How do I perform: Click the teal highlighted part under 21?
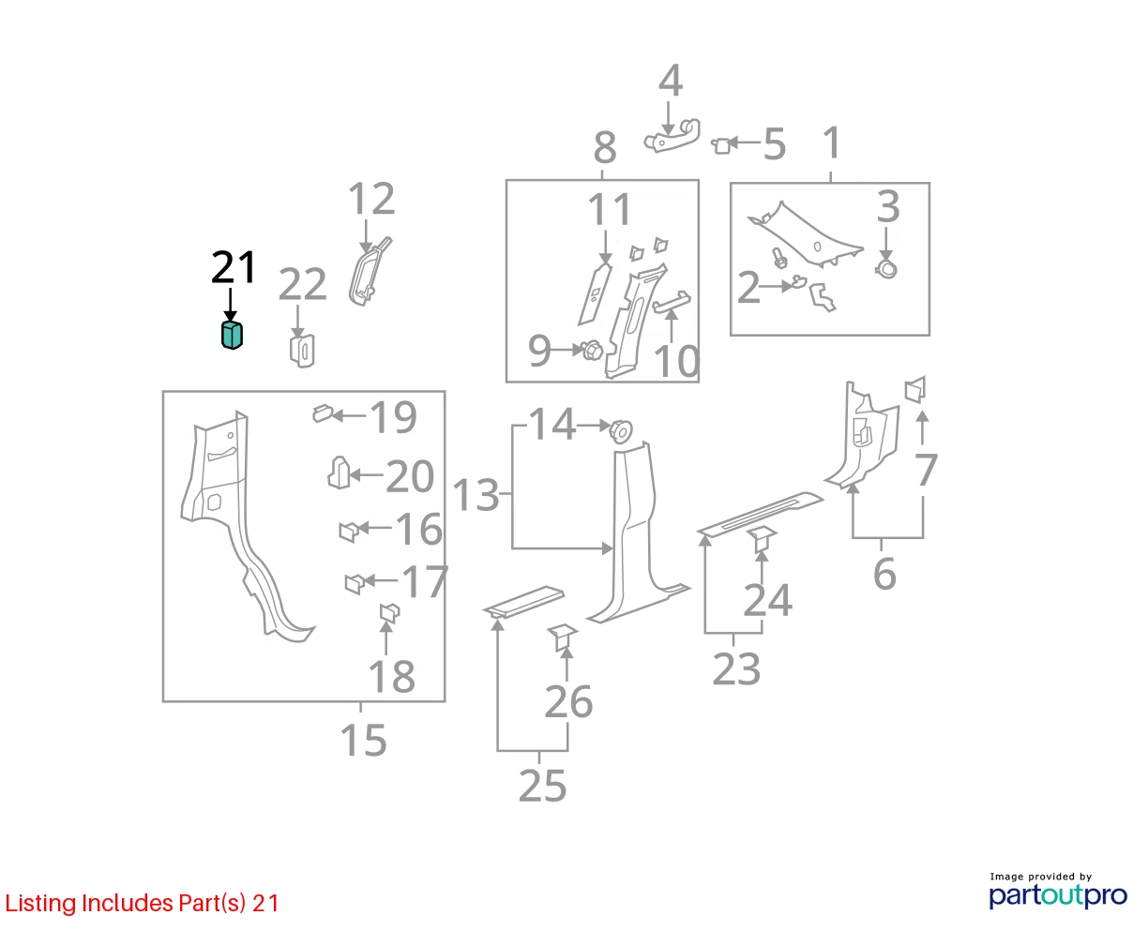pos(232,335)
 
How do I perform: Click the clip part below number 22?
pos(302,351)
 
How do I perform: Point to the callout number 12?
pos(371,199)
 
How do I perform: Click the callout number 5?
pos(775,144)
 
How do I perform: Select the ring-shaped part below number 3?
pos(886,268)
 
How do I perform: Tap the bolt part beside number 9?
pos(593,351)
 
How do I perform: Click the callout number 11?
pos(610,209)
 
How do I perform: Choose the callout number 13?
pos(476,495)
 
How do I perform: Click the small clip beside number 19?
pos(322,413)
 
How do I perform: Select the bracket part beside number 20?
pos(339,472)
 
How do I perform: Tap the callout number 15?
pos(363,740)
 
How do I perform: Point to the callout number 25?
pos(542,786)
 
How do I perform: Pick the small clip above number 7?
pos(915,389)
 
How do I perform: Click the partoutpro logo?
pos(1057,895)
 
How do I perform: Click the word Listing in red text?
pos(41,904)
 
